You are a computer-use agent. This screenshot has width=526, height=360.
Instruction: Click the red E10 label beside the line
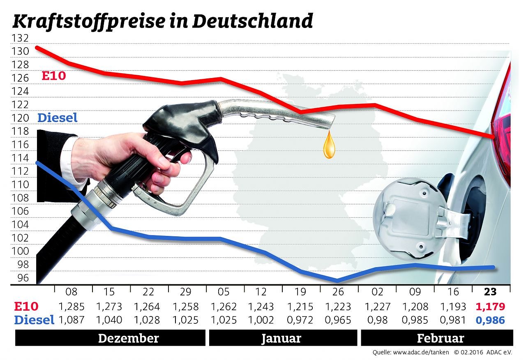pyautogui.click(x=54, y=76)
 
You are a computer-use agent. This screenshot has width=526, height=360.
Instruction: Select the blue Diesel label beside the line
pyautogui.click(x=57, y=118)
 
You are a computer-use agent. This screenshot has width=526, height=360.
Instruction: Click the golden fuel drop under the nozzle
pyautogui.click(x=329, y=147)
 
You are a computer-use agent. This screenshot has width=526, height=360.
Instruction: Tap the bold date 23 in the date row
pyautogui.click(x=490, y=292)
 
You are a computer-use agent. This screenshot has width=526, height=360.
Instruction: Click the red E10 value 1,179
pyautogui.click(x=490, y=307)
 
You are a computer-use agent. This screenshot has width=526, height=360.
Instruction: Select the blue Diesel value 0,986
pyautogui.click(x=490, y=320)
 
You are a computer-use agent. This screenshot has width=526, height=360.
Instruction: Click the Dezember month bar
pyautogui.click(x=110, y=339)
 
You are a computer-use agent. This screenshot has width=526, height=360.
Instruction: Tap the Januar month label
pyautogui.click(x=281, y=339)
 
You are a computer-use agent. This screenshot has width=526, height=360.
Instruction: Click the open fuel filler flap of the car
pyautogui.click(x=411, y=221)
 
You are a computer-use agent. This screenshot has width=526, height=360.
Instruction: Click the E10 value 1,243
pyautogui.click(x=261, y=307)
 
